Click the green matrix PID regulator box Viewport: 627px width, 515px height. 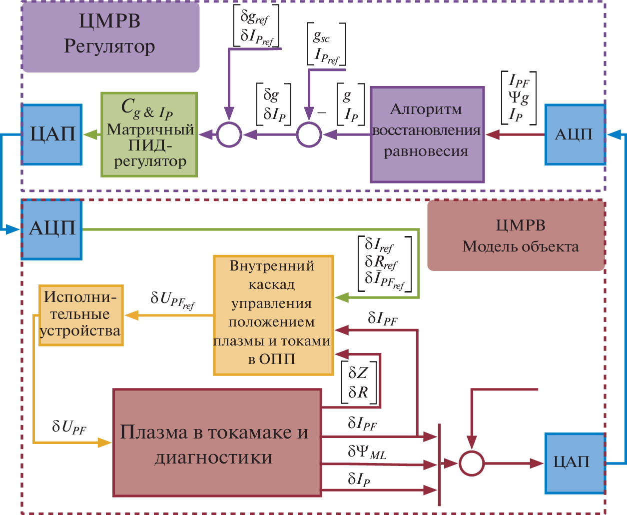(x=149, y=134)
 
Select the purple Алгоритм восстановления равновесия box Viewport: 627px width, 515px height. (x=427, y=134)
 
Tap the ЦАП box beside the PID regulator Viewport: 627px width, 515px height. (x=52, y=134)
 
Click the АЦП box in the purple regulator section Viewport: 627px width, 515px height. (x=575, y=134)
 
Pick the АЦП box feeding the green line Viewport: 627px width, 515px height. (x=52, y=229)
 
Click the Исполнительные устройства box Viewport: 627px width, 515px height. (x=81, y=315)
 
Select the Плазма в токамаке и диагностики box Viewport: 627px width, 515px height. (x=217, y=442)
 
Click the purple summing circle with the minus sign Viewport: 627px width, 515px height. (x=309, y=134)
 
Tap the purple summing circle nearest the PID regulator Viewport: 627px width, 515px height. (x=229, y=134)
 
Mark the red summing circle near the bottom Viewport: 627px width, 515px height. (x=472, y=463)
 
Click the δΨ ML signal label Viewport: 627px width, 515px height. (x=367, y=452)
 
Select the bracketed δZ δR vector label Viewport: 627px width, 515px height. (x=358, y=382)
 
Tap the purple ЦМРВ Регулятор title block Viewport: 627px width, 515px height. (x=110, y=36)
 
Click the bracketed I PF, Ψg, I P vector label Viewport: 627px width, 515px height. (x=519, y=98)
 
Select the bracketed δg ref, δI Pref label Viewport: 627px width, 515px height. (x=256, y=26)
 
